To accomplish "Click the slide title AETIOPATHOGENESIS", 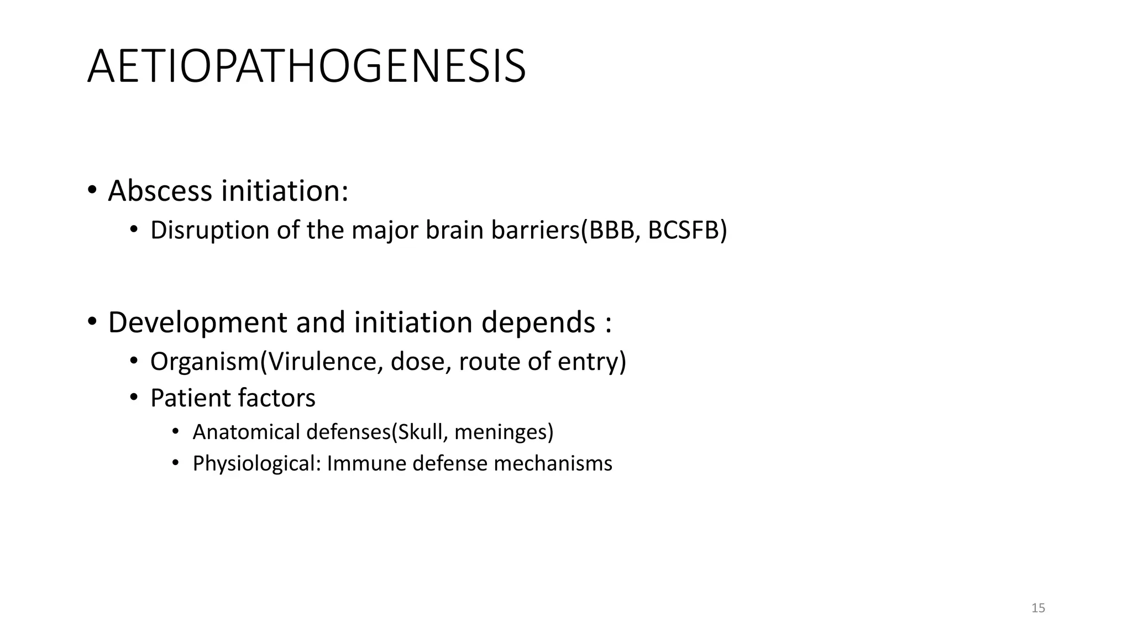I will pos(307,67).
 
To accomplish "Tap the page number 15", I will pos(1038,608).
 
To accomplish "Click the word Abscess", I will pos(160,191).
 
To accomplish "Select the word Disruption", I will pos(209,231).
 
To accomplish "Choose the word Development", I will pos(197,323).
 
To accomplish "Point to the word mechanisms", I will pos(553,463).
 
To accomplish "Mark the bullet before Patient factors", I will pos(133,398).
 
